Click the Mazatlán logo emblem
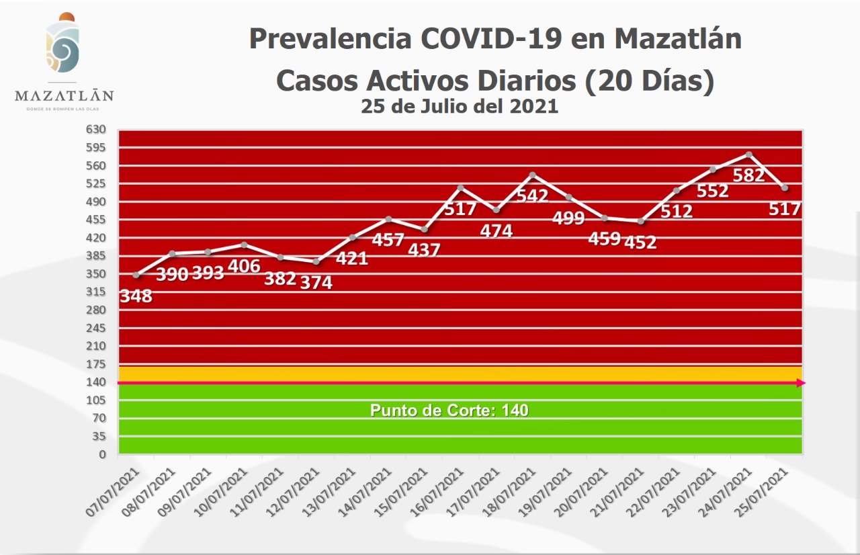pyautogui.click(x=63, y=46)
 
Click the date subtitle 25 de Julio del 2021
pyautogui.click(x=459, y=106)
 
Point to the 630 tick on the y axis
pyautogui.click(x=97, y=129)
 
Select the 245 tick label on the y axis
pyautogui.click(x=97, y=328)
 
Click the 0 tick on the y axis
pyautogui.click(x=103, y=455)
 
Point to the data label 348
pyautogui.click(x=136, y=296)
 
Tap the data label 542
pyautogui.click(x=532, y=196)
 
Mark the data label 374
pyautogui.click(x=316, y=282)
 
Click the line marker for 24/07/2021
pyautogui.click(x=748, y=155)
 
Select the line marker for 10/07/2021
pyautogui.click(x=244, y=245)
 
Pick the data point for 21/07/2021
pyautogui.click(x=640, y=221)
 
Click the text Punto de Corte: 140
pyautogui.click(x=449, y=410)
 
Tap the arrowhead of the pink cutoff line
pyautogui.click(x=800, y=383)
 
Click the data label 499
pyautogui.click(x=568, y=218)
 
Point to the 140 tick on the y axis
pyautogui.click(x=97, y=382)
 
